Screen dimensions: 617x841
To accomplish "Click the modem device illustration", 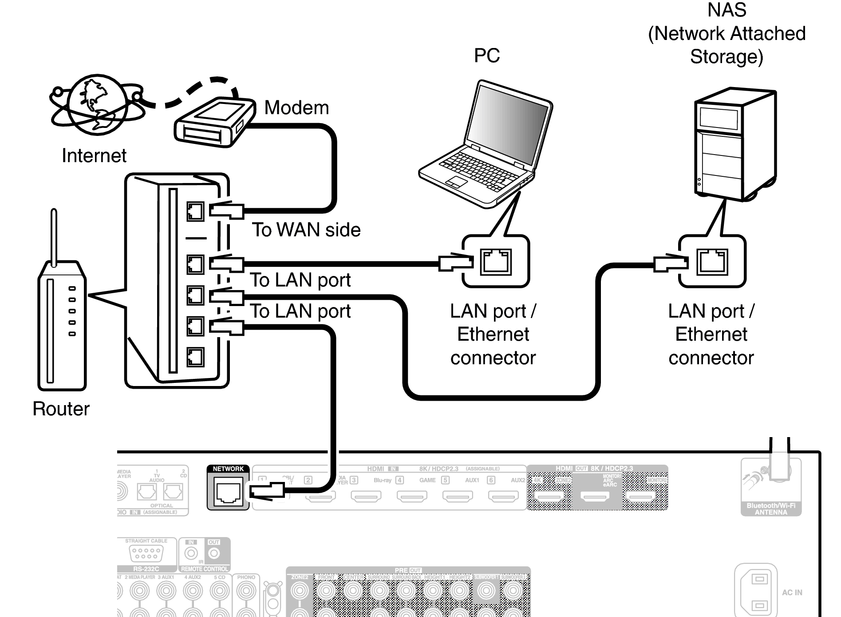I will [213, 122].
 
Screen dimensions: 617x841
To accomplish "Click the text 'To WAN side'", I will [306, 230].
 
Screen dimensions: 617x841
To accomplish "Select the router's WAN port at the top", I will [195, 211].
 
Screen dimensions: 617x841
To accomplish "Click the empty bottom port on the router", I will [195, 357].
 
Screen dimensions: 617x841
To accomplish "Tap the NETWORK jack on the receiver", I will [228, 492].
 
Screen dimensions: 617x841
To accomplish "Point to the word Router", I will [61, 409].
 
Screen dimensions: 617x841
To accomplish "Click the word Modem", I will [296, 108].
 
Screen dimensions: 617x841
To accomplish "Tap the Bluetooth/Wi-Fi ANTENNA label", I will [771, 509].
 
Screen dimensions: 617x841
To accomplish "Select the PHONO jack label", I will [246, 577].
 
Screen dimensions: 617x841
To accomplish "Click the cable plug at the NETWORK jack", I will [266, 491].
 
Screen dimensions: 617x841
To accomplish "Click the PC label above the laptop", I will [487, 56].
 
